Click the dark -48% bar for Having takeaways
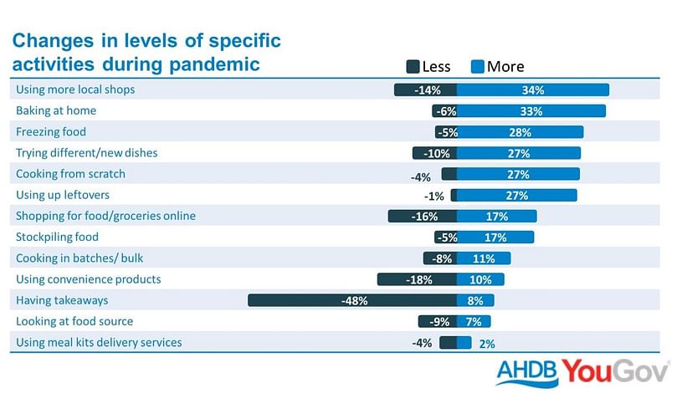point(352,300)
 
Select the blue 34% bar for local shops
point(533,89)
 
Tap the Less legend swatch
point(413,66)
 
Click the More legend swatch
point(478,66)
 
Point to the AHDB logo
point(527,372)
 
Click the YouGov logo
point(615,371)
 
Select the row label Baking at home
point(56,110)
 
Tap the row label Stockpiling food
point(57,237)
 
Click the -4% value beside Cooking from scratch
point(421,177)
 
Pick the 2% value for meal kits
point(487,344)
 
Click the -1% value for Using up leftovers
point(434,197)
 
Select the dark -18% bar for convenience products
point(417,279)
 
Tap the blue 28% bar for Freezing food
point(520,132)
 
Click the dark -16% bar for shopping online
point(423,216)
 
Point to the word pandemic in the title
point(214,64)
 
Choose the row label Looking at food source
point(74,321)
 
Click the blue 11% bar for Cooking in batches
point(484,258)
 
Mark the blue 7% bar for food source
point(474,321)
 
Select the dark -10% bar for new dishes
point(434,153)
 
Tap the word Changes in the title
point(53,41)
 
